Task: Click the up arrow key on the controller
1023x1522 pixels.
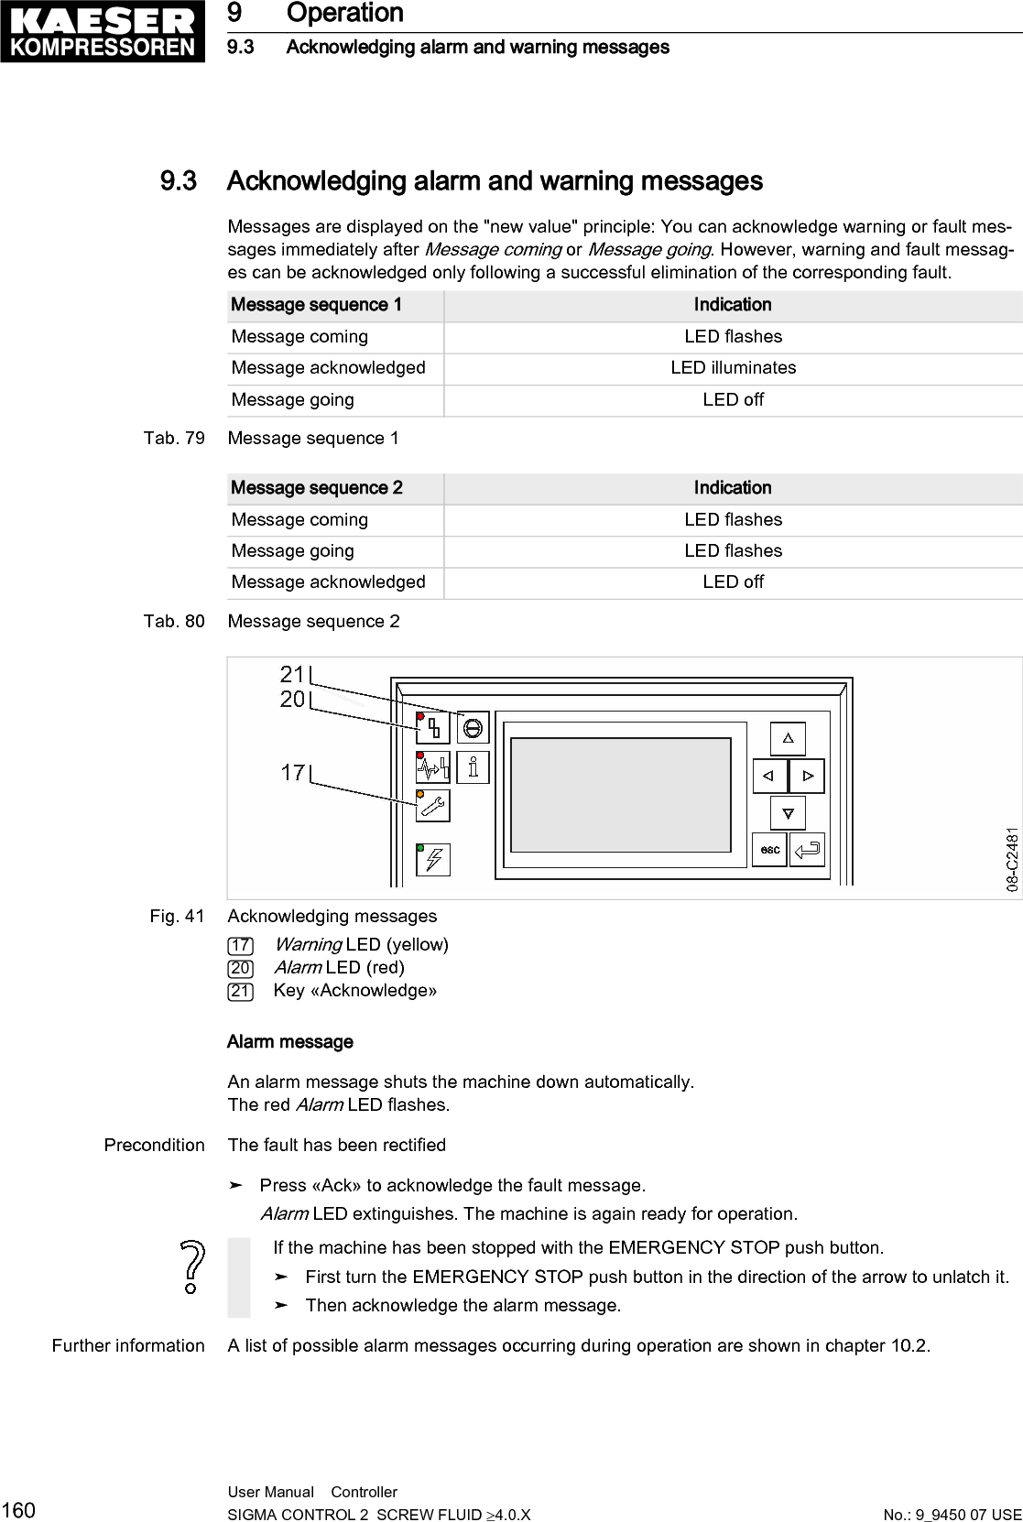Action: (x=788, y=738)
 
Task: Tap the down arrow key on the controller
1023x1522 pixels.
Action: (x=788, y=812)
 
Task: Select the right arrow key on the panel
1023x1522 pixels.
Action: (x=807, y=776)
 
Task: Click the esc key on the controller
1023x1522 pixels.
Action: (x=769, y=850)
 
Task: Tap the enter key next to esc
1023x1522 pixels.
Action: (x=807, y=850)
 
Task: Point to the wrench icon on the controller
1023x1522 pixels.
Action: (x=433, y=806)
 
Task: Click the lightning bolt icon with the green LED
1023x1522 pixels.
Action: (x=434, y=859)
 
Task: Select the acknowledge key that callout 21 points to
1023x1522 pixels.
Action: (x=473, y=727)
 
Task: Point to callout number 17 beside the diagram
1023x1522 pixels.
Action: (x=292, y=773)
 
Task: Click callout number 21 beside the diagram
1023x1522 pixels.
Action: (x=292, y=675)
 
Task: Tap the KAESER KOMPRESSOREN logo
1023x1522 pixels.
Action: (x=103, y=32)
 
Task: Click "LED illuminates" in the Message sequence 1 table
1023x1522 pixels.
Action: (x=733, y=368)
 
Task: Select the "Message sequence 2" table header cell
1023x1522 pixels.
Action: (x=317, y=488)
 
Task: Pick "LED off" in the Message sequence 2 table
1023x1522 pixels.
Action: (x=733, y=582)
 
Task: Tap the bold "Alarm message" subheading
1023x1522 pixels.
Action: (x=289, y=1042)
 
